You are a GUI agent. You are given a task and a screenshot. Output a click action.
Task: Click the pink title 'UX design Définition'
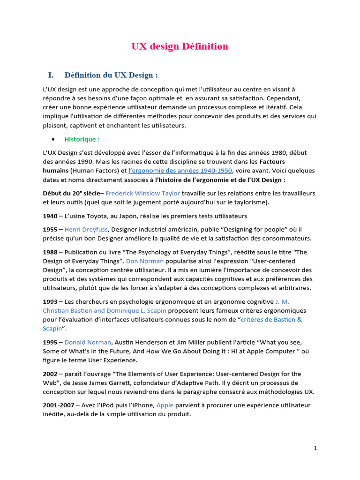[x=180, y=46]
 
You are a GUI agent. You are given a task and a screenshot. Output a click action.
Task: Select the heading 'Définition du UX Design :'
[x=111, y=75]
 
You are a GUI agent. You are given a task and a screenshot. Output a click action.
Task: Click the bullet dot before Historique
[x=53, y=140]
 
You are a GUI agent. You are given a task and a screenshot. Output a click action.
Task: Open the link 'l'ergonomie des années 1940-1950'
[x=180, y=171]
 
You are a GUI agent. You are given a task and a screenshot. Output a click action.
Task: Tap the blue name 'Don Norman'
[x=145, y=261]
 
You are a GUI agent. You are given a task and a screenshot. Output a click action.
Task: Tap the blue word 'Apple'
[x=165, y=405]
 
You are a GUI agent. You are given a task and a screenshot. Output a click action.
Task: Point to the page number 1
[x=315, y=448]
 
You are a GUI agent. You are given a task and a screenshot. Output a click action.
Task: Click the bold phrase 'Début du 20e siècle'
[x=71, y=193]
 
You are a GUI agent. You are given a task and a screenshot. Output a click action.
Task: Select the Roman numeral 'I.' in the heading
[x=51, y=75]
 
